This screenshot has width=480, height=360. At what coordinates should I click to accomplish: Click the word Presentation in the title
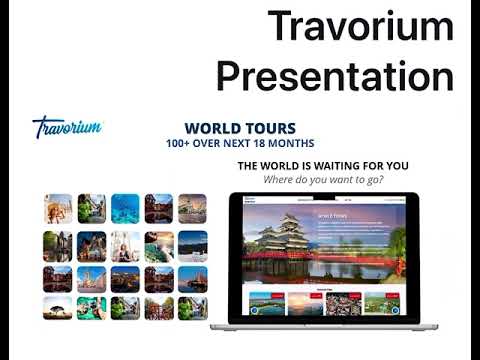335,75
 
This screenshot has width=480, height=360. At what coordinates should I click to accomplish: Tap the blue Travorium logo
67,127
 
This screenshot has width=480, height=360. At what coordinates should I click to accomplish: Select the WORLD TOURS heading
240,129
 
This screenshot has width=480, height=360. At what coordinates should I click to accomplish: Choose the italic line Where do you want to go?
323,180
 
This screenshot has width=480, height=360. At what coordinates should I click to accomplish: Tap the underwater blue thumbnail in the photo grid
126,208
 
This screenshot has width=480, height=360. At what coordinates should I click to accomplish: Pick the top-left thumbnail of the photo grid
58,208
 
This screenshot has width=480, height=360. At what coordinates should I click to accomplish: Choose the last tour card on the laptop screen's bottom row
378,302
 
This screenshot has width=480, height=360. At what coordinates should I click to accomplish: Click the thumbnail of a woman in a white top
126,242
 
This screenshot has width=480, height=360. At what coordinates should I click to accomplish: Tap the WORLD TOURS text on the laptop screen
332,214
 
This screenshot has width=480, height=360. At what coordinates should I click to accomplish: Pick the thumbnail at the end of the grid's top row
192,208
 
